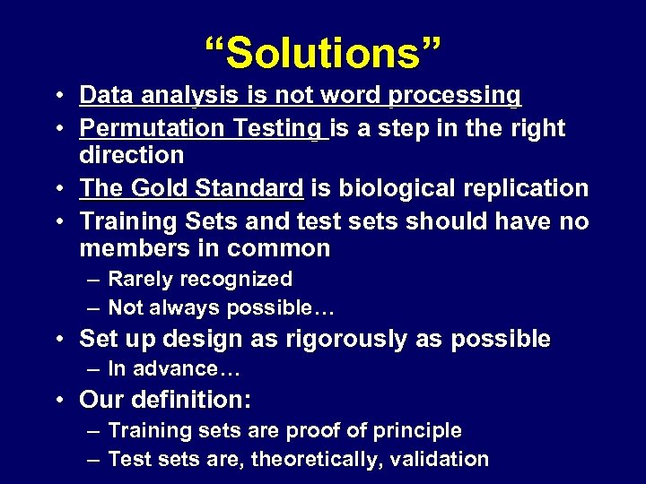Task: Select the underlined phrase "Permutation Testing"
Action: click(203, 128)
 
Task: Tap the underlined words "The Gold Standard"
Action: click(191, 188)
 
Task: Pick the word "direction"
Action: click(131, 154)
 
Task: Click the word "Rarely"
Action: click(140, 280)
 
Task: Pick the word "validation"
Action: click(440, 460)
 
